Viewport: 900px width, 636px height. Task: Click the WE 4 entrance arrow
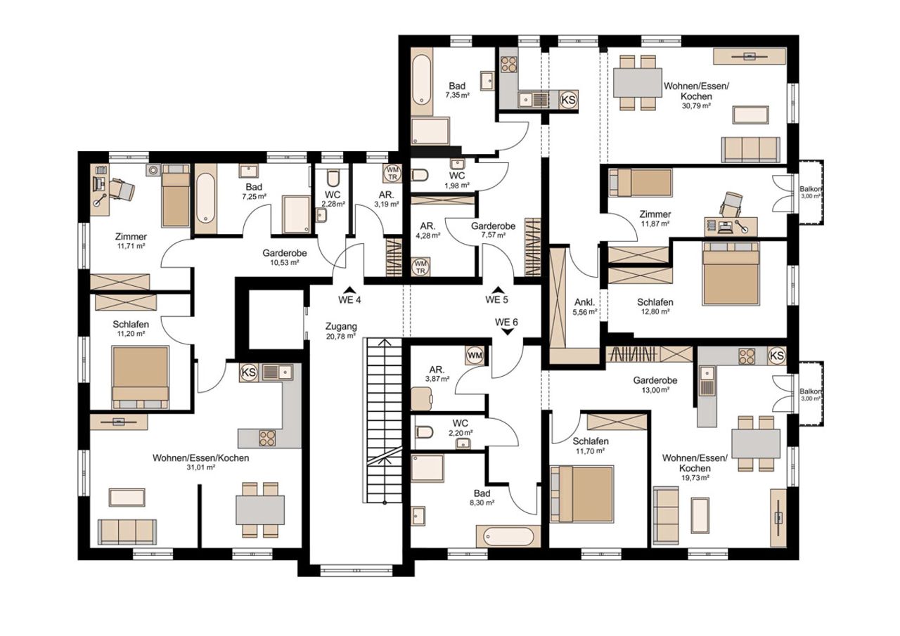point(349,289)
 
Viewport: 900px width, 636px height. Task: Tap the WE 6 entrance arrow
point(508,332)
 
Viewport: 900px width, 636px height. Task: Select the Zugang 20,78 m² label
point(341,331)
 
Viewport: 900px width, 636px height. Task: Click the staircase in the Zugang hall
point(385,420)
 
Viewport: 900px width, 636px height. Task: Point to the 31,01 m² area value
point(200,467)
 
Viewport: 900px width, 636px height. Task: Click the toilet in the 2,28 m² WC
point(333,177)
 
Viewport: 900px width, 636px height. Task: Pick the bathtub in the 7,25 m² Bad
point(206,198)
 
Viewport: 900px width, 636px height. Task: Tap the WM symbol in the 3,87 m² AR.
point(475,356)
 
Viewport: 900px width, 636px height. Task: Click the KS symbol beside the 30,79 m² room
point(568,99)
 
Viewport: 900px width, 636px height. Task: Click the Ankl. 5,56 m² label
point(585,306)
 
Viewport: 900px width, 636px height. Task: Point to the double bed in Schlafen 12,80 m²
point(731,273)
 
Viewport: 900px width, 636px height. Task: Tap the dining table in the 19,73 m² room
point(755,443)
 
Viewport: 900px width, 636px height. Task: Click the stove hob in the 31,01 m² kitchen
point(268,438)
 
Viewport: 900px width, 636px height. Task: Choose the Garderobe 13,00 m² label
point(655,384)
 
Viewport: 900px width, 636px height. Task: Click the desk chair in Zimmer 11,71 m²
point(122,189)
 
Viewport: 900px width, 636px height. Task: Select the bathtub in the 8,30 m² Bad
point(508,536)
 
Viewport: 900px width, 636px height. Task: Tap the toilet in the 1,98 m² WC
point(420,176)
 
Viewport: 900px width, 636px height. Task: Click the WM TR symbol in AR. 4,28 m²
point(420,266)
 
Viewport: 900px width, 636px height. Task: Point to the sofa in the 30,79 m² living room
point(750,150)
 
